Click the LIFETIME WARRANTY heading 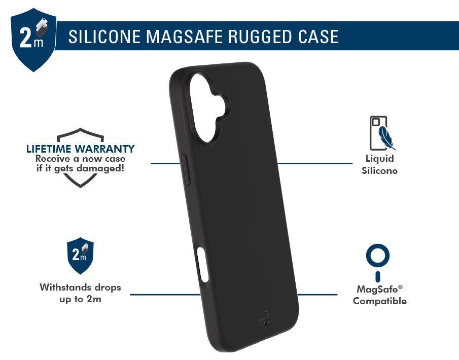(x=81, y=149)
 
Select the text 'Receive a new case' (x=80, y=158)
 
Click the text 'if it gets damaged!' (x=80, y=167)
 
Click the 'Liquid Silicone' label (x=379, y=165)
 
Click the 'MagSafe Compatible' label (x=379, y=295)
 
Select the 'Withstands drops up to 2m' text (x=80, y=293)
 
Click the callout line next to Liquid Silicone (x=314, y=163)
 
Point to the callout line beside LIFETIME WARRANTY (x=165, y=163)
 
